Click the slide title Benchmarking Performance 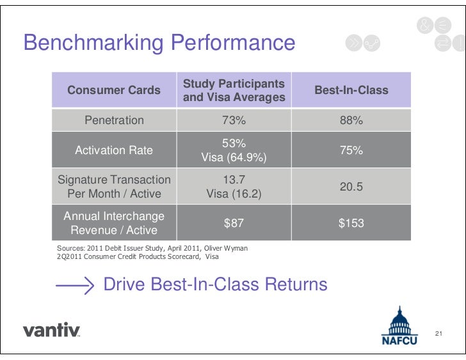click(159, 43)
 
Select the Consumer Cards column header click(114, 90)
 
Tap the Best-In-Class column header click(351, 90)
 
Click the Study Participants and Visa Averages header click(234, 91)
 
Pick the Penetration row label click(114, 120)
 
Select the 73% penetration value click(234, 120)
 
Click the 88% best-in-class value click(351, 120)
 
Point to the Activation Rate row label click(114, 150)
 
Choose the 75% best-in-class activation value click(351, 150)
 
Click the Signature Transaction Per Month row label click(114, 186)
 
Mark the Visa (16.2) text click(234, 193)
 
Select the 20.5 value click(351, 186)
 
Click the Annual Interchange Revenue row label click(114, 223)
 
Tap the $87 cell click(234, 223)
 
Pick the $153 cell click(351, 223)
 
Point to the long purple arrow click(75, 285)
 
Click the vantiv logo click(51, 331)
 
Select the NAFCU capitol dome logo click(399, 325)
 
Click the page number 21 click(438, 334)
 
